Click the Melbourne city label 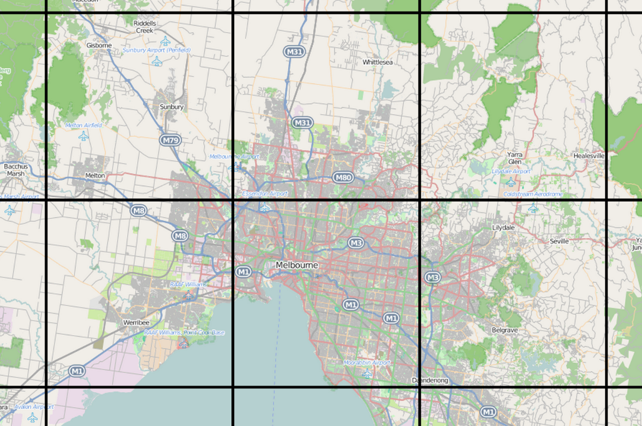(x=296, y=265)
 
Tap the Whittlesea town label (x=378, y=62)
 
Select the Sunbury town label (x=171, y=107)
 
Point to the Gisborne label (x=99, y=45)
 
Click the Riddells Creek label (x=145, y=27)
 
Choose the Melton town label (x=95, y=176)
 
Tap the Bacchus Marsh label (x=15, y=170)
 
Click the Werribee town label (x=136, y=322)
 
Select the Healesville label (x=589, y=156)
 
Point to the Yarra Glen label (x=514, y=158)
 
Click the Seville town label (x=559, y=241)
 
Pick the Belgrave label (x=504, y=330)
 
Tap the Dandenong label (x=430, y=380)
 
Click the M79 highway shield (x=170, y=140)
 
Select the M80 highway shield (x=343, y=177)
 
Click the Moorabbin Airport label (x=367, y=363)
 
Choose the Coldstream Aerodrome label (x=533, y=194)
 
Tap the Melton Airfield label (x=84, y=126)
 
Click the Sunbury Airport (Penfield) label (x=156, y=50)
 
